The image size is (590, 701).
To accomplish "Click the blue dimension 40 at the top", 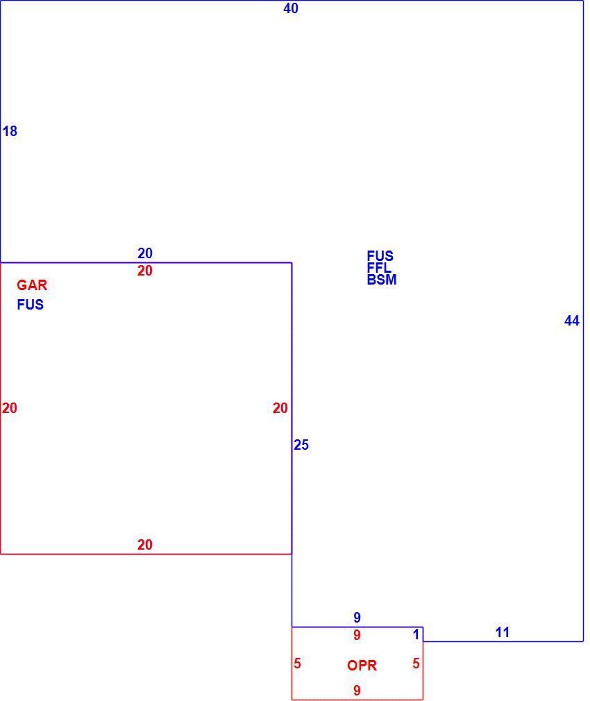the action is click(x=291, y=8).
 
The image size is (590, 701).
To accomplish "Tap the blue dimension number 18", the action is click(x=10, y=131).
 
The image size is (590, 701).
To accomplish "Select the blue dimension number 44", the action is click(x=572, y=321).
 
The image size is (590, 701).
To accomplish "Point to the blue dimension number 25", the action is click(x=301, y=445).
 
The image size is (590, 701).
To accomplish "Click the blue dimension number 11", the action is click(x=503, y=632).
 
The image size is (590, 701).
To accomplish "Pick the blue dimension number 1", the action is click(x=416, y=634).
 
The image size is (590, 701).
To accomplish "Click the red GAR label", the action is click(x=32, y=285).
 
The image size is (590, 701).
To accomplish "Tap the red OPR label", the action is click(x=362, y=665).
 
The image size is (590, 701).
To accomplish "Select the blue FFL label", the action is click(x=379, y=268).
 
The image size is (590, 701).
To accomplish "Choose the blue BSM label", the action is click(x=382, y=280).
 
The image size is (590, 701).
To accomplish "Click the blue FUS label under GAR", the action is click(x=31, y=305).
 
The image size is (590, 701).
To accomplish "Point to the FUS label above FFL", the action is click(x=380, y=255).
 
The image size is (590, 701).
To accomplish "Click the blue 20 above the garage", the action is click(x=145, y=253).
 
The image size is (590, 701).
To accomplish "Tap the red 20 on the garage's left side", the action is click(x=10, y=407).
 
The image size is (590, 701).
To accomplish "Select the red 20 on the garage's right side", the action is click(x=280, y=407).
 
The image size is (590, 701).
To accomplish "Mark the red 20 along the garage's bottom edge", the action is click(x=145, y=545).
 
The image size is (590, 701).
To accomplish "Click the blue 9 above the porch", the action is click(x=357, y=618).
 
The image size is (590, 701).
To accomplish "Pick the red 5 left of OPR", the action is click(x=297, y=664).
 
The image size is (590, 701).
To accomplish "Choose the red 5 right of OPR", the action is click(x=416, y=664).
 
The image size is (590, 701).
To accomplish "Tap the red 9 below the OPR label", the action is click(x=357, y=691).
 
